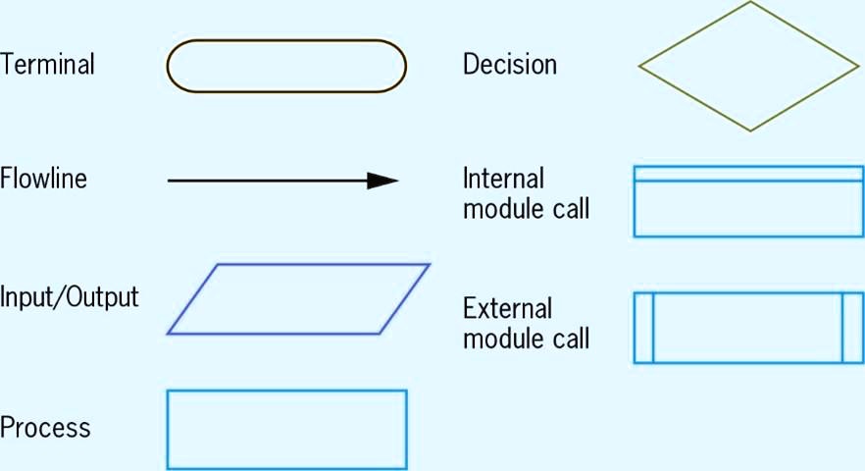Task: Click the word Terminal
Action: coord(48,66)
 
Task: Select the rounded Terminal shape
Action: coord(286,66)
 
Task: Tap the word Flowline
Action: coord(44,180)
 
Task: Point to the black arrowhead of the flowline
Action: coord(383,181)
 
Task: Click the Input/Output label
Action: coord(70,296)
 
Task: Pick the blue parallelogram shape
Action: coord(298,299)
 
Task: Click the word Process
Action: coord(45,428)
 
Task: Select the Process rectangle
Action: coord(286,429)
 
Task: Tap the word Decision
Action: coord(510,66)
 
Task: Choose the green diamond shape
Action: coord(749,66)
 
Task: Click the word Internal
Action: coord(503,180)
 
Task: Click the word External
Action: coord(507,309)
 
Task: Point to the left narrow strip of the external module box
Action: coord(644,328)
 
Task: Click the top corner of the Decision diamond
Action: coord(750,3)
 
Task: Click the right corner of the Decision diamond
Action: coord(857,66)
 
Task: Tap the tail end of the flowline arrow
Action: coord(170,181)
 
